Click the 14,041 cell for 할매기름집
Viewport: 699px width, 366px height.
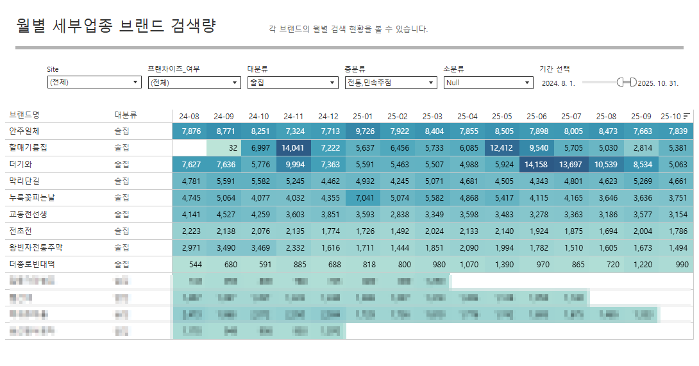click(x=293, y=147)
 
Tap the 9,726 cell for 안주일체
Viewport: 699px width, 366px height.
click(x=362, y=131)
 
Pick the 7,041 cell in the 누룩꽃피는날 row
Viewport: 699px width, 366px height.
click(x=362, y=197)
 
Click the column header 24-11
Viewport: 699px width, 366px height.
click(x=293, y=116)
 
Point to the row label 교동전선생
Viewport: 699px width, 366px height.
click(x=28, y=214)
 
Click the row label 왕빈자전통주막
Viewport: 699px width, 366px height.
click(x=36, y=247)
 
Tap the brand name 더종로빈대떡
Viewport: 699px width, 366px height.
click(x=32, y=264)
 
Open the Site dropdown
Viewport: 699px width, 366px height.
click(x=94, y=83)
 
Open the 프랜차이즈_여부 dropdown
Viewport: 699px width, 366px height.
click(x=194, y=83)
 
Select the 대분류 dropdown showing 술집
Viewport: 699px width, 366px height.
click(x=292, y=83)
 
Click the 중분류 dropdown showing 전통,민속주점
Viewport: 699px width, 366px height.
click(x=391, y=83)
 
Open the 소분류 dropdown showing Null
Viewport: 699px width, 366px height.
click(x=488, y=83)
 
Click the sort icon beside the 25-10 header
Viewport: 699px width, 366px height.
click(x=687, y=116)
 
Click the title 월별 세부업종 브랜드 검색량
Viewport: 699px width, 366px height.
click(x=115, y=26)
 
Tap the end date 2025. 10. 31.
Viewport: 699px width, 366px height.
click(x=658, y=83)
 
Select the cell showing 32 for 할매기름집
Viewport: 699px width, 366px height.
click(x=224, y=147)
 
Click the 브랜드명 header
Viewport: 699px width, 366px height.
click(x=24, y=115)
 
